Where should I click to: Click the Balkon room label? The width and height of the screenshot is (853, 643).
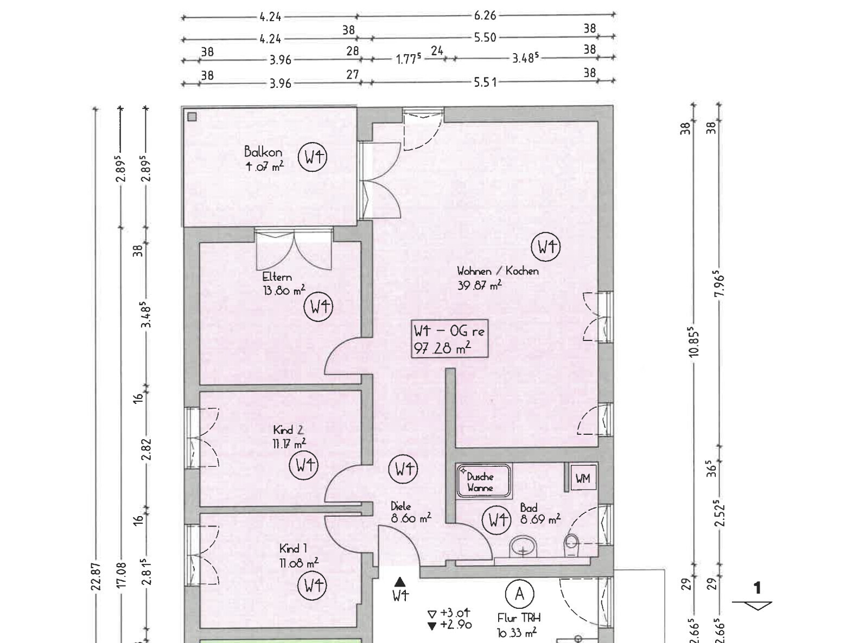pyautogui.click(x=263, y=151)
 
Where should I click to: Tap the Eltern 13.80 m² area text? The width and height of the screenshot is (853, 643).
pyautogui.click(x=284, y=290)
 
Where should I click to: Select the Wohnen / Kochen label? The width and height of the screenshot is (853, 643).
pyautogui.click(x=498, y=271)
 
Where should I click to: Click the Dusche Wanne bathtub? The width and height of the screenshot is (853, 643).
pyautogui.click(x=483, y=481)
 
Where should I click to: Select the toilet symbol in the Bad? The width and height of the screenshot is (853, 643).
pyautogui.click(x=571, y=541)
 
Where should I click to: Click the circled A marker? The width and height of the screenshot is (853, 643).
pyautogui.click(x=520, y=594)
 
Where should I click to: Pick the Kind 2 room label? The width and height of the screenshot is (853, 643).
pyautogui.click(x=288, y=430)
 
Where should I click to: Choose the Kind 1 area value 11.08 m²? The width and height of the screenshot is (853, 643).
pyautogui.click(x=298, y=563)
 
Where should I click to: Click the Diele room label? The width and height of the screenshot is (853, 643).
pyautogui.click(x=400, y=506)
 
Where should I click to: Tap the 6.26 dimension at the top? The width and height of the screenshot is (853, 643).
pyautogui.click(x=485, y=15)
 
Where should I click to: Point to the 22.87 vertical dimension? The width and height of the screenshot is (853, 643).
pyautogui.click(x=96, y=577)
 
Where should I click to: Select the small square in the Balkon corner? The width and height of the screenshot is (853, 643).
pyautogui.click(x=192, y=117)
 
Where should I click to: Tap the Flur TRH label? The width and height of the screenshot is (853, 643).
pyautogui.click(x=519, y=618)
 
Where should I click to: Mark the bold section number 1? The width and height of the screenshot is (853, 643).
pyautogui.click(x=757, y=588)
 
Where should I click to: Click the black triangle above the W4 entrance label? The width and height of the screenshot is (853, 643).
pyautogui.click(x=400, y=582)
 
